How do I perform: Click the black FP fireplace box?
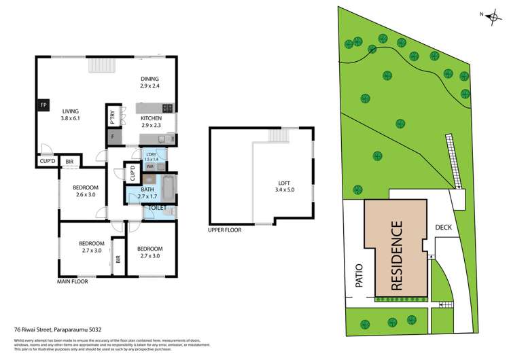click(43, 106)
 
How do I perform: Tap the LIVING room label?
click(71, 115)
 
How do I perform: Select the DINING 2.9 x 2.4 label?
click(150, 82)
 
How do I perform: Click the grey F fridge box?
click(112, 137)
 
